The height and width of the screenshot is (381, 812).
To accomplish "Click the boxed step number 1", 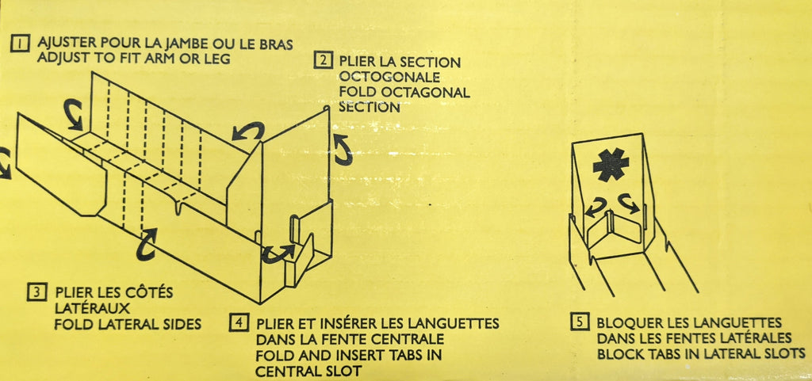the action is coord(20,44).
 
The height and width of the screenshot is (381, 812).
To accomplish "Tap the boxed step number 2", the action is coord(323,60).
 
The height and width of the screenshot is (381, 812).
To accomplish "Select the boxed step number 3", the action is coord(36,292).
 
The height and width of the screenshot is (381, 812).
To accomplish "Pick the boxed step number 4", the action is coord(239,322).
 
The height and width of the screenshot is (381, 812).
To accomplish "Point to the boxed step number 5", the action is coord(580,322).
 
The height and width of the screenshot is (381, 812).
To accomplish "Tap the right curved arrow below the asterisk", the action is coord(629,203).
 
